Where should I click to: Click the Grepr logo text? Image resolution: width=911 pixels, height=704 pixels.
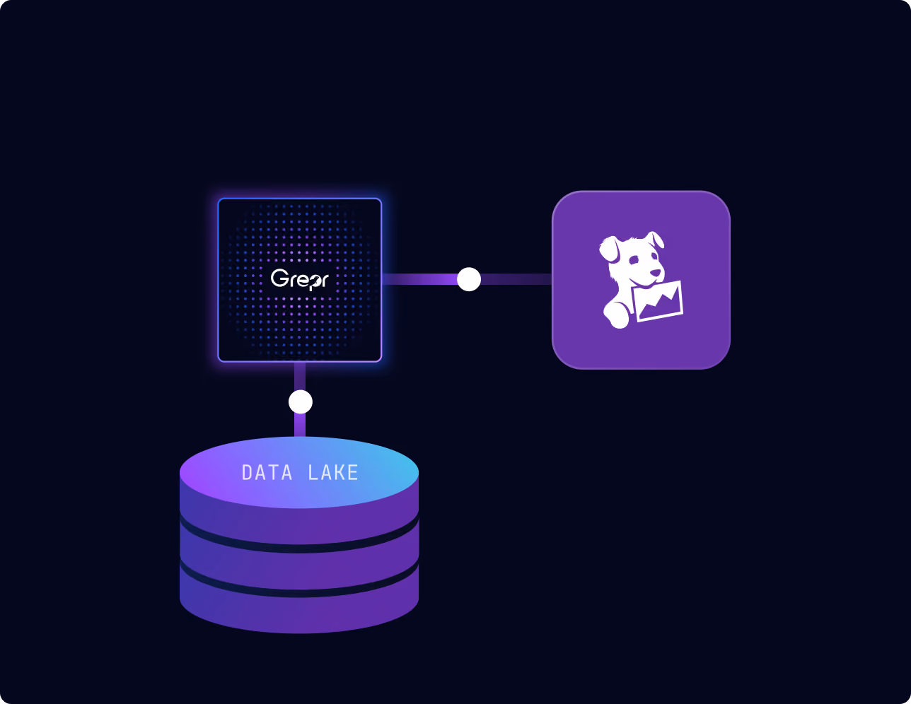click(x=299, y=280)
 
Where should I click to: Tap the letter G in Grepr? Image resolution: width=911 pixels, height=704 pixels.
click(x=279, y=278)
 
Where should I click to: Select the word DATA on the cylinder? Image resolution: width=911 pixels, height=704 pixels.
click(x=267, y=473)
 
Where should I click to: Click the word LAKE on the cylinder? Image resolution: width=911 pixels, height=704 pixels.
click(x=333, y=473)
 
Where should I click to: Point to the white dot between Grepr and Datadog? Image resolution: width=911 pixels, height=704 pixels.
click(x=469, y=279)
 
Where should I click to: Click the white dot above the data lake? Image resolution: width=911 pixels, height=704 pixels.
click(x=301, y=402)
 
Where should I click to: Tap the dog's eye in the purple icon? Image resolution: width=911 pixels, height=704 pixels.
click(x=634, y=260)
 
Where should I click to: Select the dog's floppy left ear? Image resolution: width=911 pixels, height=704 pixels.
click(x=609, y=250)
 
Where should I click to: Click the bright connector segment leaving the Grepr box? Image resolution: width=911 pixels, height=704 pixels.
click(x=419, y=279)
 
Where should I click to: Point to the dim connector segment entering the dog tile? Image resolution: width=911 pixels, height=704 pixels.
click(x=516, y=279)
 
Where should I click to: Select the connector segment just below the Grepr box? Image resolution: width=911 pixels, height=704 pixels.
click(x=300, y=376)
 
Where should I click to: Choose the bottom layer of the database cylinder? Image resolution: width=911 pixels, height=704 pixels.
click(x=299, y=612)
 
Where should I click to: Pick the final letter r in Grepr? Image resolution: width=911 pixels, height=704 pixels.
click(x=323, y=281)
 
